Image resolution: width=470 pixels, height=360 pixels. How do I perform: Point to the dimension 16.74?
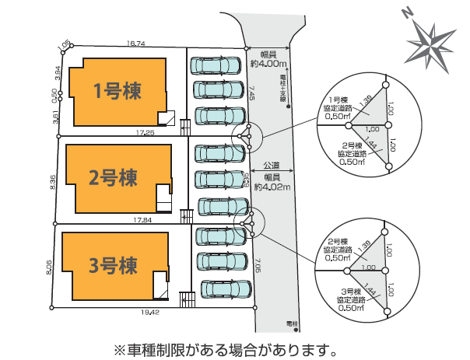point(136,44)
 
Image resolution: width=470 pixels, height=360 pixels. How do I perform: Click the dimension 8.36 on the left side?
point(53,180)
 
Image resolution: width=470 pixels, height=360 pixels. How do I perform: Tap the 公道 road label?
point(272,166)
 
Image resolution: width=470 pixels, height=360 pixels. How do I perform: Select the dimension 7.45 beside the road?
point(251,95)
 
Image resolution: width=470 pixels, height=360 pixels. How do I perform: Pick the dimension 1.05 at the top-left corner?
point(65,47)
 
